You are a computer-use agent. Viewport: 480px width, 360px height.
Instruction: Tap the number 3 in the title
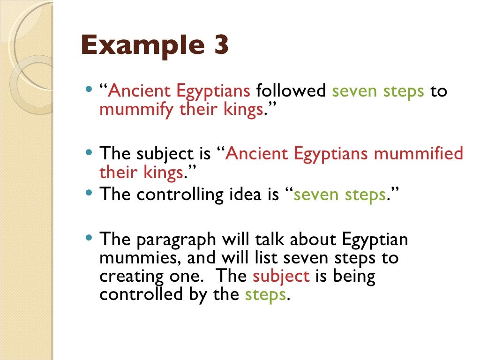(x=217, y=45)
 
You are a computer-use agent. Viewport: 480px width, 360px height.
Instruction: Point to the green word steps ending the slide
(x=265, y=294)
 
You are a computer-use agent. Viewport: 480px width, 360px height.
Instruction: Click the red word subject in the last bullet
(x=281, y=276)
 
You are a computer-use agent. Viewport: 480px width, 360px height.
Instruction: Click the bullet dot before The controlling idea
(x=90, y=192)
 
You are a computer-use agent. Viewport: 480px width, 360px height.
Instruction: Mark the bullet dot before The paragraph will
(x=90, y=237)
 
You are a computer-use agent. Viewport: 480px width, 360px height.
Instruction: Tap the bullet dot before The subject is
(x=90, y=151)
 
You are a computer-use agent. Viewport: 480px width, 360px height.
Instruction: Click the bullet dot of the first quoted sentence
(x=90, y=88)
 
